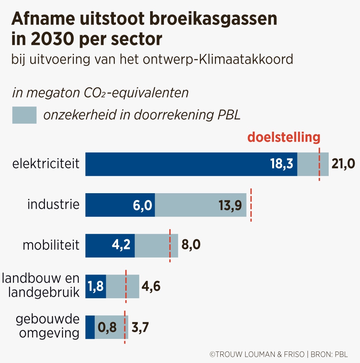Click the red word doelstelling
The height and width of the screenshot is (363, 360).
(x=284, y=137)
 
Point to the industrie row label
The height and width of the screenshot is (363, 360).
(x=53, y=204)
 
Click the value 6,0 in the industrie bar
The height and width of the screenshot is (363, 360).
(x=140, y=205)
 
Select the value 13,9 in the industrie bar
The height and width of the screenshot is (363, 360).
(x=230, y=205)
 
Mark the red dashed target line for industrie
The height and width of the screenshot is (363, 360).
(x=251, y=205)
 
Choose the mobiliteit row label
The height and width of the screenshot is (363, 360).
(x=51, y=245)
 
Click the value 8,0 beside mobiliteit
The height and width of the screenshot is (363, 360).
(x=191, y=246)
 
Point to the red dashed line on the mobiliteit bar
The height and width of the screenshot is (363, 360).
(x=170, y=246)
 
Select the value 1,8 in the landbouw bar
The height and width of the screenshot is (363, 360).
(x=95, y=286)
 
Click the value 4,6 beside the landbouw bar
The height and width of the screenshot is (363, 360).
(x=151, y=287)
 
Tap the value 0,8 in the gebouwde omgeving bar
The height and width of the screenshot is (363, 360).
(x=108, y=327)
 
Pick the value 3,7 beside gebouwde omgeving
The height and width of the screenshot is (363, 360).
(x=140, y=327)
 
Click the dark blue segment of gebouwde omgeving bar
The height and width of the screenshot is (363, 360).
(x=90, y=327)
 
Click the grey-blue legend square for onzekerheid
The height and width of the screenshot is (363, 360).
(x=24, y=115)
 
